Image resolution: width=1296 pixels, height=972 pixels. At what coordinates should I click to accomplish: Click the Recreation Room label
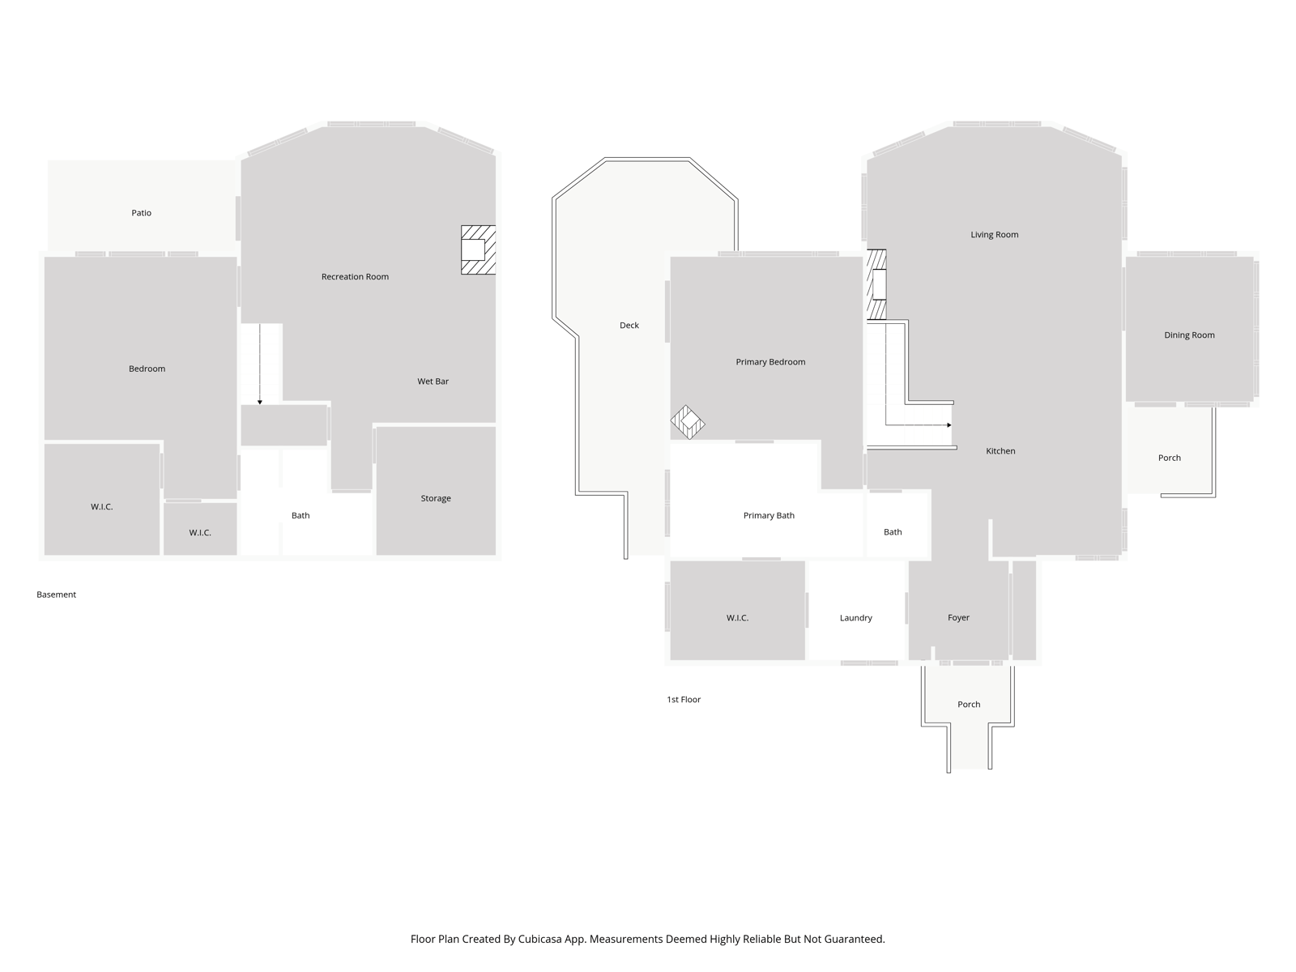point(355,277)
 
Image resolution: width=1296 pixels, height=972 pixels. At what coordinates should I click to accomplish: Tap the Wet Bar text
point(433,382)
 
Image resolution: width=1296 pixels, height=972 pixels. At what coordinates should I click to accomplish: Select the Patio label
point(141,213)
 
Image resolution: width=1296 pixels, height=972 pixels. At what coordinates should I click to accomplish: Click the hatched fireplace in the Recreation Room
point(478,250)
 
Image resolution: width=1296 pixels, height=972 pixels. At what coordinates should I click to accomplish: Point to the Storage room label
point(436,499)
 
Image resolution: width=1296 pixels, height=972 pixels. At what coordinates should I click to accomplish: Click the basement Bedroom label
point(147,369)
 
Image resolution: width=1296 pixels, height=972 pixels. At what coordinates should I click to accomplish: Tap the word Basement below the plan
point(56,595)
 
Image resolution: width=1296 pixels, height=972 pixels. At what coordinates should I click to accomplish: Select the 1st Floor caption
point(684,700)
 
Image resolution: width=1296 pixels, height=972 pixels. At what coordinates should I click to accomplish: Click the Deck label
point(629,326)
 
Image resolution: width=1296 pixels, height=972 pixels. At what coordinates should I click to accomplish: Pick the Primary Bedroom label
point(770,362)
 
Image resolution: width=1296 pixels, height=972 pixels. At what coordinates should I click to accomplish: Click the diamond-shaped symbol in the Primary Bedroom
point(688,423)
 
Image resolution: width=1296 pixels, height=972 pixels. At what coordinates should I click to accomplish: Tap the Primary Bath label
point(769,516)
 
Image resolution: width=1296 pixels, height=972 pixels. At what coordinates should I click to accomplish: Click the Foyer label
point(958,618)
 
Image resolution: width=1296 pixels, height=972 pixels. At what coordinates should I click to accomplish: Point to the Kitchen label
point(1000,451)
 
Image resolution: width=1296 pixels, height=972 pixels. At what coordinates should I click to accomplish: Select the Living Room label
point(995,235)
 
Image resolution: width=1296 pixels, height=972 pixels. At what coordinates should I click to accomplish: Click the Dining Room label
point(1189,335)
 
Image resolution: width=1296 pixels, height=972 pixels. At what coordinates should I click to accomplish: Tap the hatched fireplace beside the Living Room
point(876,284)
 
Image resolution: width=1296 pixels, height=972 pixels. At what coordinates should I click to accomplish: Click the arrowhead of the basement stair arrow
point(260,403)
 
